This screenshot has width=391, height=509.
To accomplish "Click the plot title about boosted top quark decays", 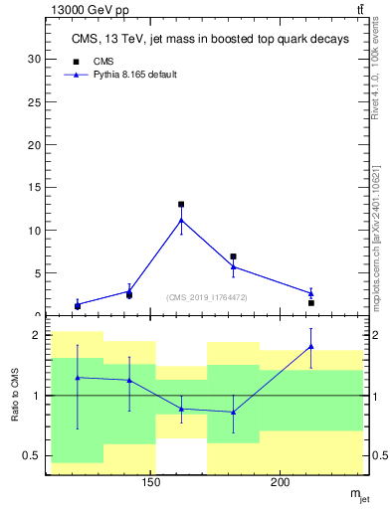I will pos(210,40).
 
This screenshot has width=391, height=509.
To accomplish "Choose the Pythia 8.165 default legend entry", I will pos(126,75).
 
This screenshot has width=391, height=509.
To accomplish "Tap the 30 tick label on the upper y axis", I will pos(34,59).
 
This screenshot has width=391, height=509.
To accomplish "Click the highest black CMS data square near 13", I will pos(181,205).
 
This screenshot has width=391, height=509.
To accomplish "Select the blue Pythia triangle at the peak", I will pos(181,220).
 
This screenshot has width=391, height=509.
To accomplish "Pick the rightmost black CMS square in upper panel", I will pos(311,303).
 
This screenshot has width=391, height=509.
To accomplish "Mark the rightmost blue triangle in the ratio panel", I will pos(311,346).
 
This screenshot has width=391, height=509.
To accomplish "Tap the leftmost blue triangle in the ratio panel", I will pos(78,377).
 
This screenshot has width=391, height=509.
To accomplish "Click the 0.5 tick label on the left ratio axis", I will pos(32,456).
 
